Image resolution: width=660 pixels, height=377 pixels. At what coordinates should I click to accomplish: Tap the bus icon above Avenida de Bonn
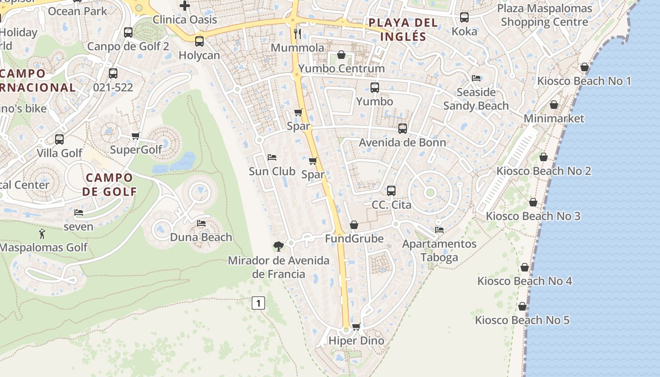tap(403, 129)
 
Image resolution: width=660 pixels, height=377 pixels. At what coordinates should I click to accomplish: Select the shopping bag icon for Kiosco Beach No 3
tap(533, 202)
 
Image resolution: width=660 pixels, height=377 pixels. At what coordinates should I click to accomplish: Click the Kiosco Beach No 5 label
tap(522, 320)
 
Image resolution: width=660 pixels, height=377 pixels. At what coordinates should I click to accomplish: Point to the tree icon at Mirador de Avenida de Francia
tap(279, 246)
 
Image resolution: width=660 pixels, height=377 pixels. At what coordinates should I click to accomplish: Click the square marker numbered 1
tap(258, 303)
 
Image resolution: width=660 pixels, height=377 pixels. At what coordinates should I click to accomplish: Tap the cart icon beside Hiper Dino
tap(356, 326)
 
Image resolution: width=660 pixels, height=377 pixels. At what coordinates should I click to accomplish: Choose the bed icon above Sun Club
tap(272, 157)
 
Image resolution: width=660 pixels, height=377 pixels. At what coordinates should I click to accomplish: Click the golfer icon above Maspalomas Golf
tap(42, 233)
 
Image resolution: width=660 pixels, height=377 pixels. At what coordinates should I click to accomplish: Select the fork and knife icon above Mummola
tap(297, 33)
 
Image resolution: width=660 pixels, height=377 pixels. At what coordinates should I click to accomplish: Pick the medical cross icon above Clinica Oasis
tap(185, 6)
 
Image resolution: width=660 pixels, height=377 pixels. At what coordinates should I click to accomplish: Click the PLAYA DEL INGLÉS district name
tap(403, 29)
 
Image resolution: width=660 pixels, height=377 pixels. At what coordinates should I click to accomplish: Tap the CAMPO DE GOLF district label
tap(109, 184)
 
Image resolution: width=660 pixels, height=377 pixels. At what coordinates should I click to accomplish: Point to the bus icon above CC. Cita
tap(391, 191)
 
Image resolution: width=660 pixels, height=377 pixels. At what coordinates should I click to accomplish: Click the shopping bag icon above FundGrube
tap(354, 225)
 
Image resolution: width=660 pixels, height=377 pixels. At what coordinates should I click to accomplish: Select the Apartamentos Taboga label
tap(439, 251)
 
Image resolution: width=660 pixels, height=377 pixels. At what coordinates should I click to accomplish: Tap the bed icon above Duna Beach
tap(201, 223)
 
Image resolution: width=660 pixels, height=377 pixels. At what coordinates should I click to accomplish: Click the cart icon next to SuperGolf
tap(136, 136)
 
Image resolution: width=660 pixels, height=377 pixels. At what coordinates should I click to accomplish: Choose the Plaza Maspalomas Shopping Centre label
tap(544, 15)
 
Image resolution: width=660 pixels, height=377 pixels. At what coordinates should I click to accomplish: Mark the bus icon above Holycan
tap(199, 41)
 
